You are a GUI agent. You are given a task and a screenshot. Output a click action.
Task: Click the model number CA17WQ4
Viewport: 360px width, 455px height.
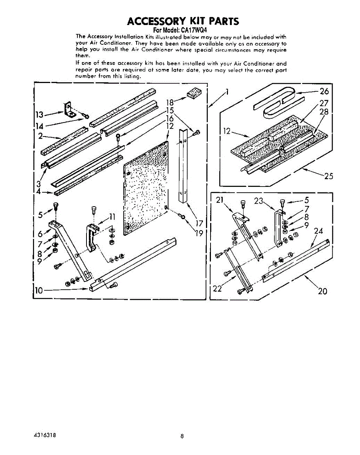[x=194, y=30]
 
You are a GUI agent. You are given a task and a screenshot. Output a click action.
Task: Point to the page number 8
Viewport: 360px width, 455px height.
[x=182, y=436]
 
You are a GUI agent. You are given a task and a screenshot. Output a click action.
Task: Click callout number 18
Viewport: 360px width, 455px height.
[x=170, y=102]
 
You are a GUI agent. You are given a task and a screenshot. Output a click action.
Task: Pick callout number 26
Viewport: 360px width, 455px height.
[x=324, y=91]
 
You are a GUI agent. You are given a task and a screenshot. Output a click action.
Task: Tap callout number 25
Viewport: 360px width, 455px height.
[x=328, y=176]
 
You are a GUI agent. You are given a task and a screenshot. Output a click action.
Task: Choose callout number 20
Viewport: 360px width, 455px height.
[x=322, y=291]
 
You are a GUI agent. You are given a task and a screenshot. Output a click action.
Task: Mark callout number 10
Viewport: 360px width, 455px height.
[x=39, y=290]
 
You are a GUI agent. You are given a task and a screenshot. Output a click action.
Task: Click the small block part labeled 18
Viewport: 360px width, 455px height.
[x=193, y=93]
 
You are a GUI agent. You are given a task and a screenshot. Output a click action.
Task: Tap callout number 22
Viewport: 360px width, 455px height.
[x=217, y=289]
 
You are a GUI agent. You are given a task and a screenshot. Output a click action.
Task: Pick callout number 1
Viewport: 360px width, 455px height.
[x=227, y=91]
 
